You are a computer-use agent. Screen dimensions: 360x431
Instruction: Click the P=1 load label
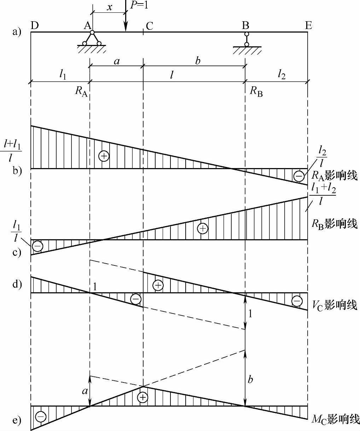139,6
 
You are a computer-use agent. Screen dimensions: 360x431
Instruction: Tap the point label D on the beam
35,26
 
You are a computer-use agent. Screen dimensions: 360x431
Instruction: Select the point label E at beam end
308,26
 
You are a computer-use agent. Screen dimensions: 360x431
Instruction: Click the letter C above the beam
149,26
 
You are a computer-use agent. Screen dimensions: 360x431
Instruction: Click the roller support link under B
246,39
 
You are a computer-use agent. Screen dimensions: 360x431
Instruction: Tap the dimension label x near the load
110,7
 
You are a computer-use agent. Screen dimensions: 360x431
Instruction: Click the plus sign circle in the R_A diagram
104,156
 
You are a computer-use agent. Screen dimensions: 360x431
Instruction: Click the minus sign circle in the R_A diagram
299,176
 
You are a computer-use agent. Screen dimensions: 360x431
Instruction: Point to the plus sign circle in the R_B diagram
203,229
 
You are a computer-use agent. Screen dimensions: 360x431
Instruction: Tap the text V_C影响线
334,305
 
